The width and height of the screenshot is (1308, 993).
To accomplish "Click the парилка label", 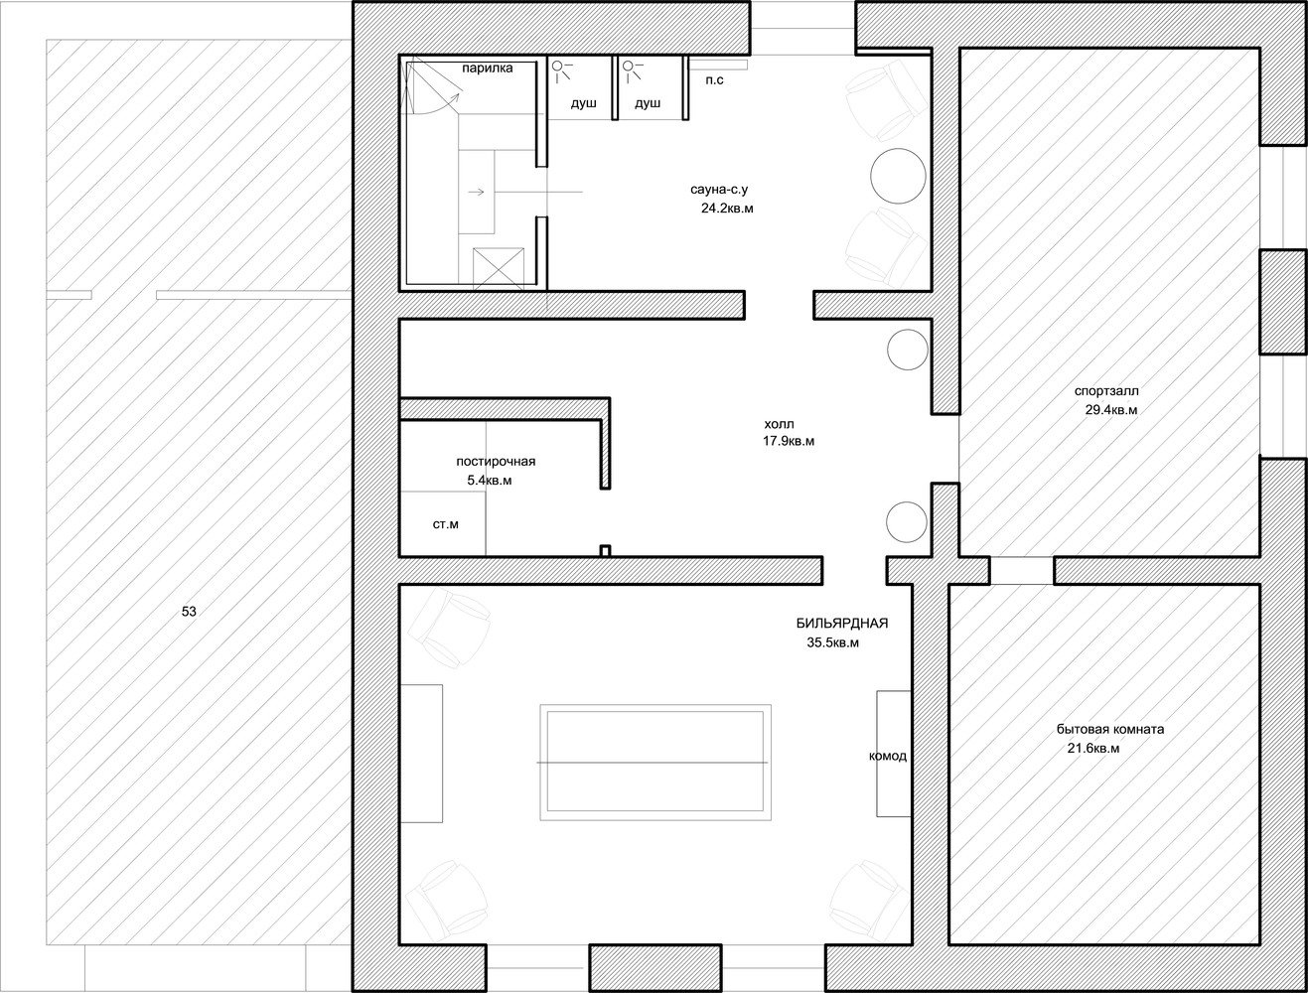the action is pyautogui.click(x=487, y=69).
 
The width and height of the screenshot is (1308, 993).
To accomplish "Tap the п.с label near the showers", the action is pyautogui.click(x=714, y=79).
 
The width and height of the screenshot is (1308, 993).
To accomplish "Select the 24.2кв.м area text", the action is pyautogui.click(x=727, y=209).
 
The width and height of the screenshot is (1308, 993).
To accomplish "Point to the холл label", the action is pyautogui.click(x=779, y=424).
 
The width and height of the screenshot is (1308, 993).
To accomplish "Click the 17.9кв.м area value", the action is pyautogui.click(x=789, y=442).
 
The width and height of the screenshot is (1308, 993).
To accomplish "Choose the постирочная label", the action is pyautogui.click(x=496, y=462).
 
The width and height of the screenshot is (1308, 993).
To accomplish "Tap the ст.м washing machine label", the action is pyautogui.click(x=446, y=524).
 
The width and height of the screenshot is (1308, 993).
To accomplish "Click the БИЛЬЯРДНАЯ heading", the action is pyautogui.click(x=842, y=623).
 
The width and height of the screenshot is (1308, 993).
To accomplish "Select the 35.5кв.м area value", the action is pyautogui.click(x=833, y=642).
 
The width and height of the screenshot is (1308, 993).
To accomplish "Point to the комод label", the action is pyautogui.click(x=888, y=757).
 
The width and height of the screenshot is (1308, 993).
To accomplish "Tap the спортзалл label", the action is pyautogui.click(x=1106, y=391).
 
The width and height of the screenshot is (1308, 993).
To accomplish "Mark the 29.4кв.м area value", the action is pyautogui.click(x=1111, y=410).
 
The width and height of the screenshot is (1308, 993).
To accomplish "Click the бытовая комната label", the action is pyautogui.click(x=1110, y=729).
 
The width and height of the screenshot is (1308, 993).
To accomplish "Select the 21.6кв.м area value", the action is pyautogui.click(x=1093, y=748).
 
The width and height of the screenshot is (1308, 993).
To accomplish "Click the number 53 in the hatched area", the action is pyautogui.click(x=189, y=612).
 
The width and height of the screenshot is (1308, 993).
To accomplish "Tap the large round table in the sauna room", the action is pyautogui.click(x=898, y=177).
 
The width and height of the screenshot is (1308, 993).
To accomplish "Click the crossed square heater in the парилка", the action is pyautogui.click(x=499, y=269).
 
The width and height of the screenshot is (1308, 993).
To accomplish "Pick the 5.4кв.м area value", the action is pyautogui.click(x=490, y=481).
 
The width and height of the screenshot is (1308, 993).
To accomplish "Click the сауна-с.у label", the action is pyautogui.click(x=719, y=190).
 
